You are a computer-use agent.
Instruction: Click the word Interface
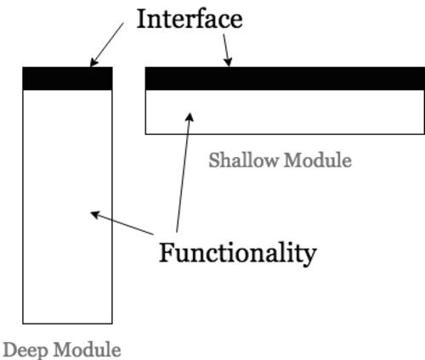(x=190, y=19)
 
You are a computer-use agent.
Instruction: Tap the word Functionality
(x=237, y=253)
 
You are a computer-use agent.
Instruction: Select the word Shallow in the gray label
(x=243, y=160)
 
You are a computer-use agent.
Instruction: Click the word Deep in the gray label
(x=25, y=351)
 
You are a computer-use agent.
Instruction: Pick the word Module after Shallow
(x=318, y=160)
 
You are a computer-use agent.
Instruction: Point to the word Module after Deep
(x=88, y=350)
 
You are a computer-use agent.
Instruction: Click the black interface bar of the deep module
(x=67, y=78)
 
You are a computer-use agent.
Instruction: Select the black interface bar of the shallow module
(x=285, y=78)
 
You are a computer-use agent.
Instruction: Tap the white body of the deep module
(x=67, y=206)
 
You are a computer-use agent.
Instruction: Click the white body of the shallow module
(x=285, y=112)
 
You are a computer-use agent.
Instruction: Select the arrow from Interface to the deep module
(x=107, y=45)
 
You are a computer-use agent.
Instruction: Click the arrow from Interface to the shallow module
(x=227, y=50)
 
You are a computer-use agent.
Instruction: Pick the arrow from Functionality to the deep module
(x=122, y=223)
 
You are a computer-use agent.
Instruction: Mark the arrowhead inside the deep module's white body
(x=95, y=215)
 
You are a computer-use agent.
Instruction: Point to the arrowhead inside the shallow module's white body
(x=190, y=117)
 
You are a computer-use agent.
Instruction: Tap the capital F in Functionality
(x=167, y=253)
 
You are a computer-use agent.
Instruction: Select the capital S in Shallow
(x=214, y=160)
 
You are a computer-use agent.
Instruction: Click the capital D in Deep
(x=10, y=350)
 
